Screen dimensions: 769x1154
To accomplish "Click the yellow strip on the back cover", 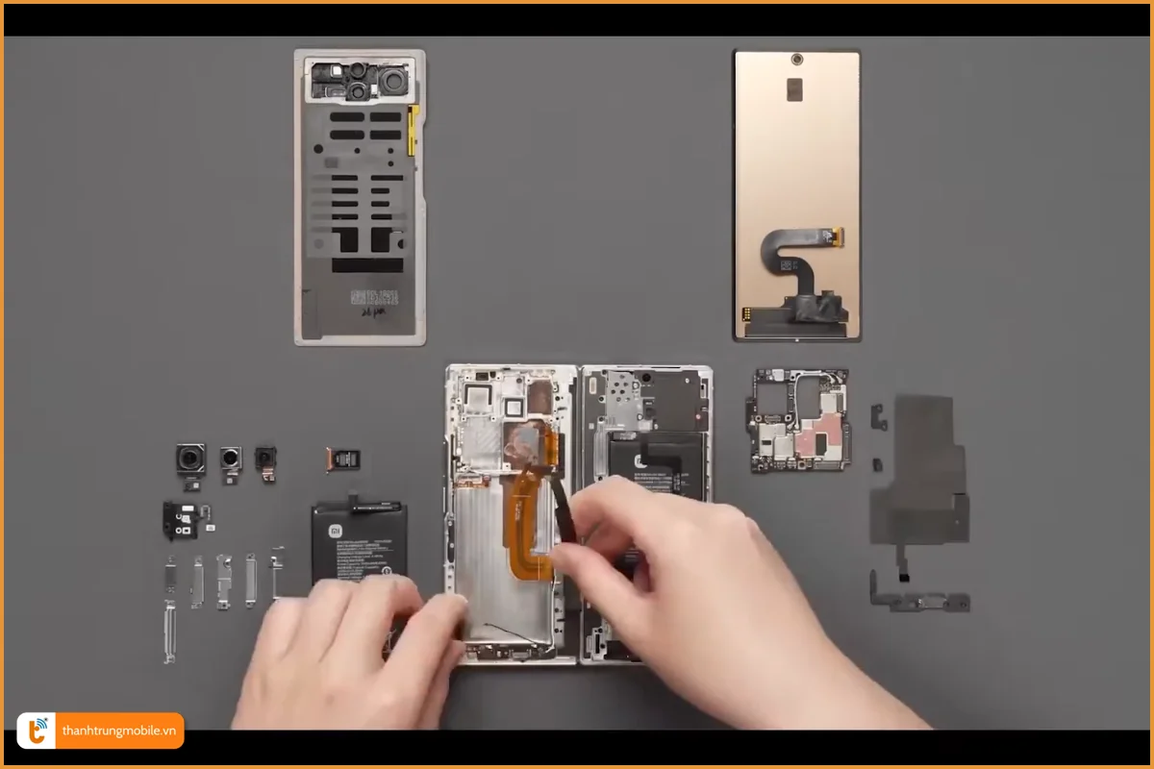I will pos(414,131).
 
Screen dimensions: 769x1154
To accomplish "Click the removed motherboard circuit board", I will pos(798,420).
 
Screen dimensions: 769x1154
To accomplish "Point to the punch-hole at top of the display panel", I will pos(797,60).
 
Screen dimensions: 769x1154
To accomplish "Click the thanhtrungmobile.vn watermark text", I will pos(119,731).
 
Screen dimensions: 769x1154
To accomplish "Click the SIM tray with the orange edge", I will pos(338,459).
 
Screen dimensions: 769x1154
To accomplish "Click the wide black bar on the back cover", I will pos(367,264).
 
